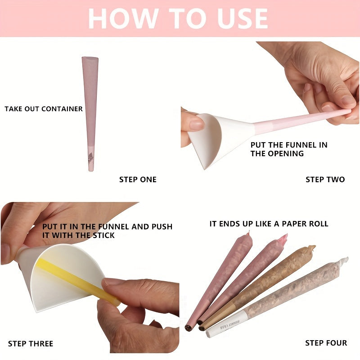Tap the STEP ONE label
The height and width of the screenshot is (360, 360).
(x=138, y=180)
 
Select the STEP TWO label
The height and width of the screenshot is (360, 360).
(x=325, y=180)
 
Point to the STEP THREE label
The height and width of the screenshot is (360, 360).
(x=31, y=344)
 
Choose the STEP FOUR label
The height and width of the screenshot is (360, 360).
(x=326, y=343)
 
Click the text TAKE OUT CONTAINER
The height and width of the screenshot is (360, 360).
(x=44, y=109)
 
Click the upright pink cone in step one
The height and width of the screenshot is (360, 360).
(x=90, y=114)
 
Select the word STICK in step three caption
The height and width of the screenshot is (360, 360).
(x=103, y=235)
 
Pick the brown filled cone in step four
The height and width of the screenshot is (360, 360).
(x=257, y=288)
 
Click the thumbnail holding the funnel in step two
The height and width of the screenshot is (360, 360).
(x=197, y=125)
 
